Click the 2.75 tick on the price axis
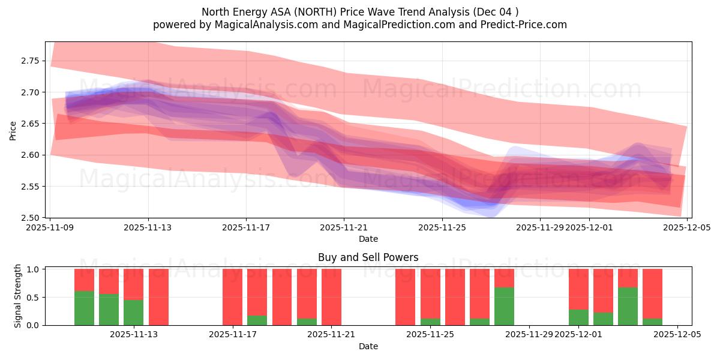pyautogui.click(x=30, y=61)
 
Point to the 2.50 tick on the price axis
pyautogui.click(x=30, y=218)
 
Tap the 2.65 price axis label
pyautogui.click(x=30, y=124)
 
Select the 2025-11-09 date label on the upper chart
pyautogui.click(x=51, y=228)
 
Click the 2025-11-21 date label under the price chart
pyautogui.click(x=344, y=228)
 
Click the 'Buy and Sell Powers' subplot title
pyautogui.click(x=368, y=257)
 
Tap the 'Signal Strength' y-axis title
pyautogui.click(x=18, y=296)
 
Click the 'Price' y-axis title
pyautogui.click(x=13, y=130)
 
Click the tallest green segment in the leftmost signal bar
pyautogui.click(x=84, y=308)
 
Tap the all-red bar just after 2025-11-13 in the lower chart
pyautogui.click(x=158, y=297)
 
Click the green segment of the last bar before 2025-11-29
pyautogui.click(x=504, y=306)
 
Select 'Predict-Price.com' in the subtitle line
pyautogui.click(x=519, y=25)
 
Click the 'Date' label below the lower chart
pyautogui.click(x=368, y=346)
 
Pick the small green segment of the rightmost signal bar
pyautogui.click(x=652, y=322)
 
